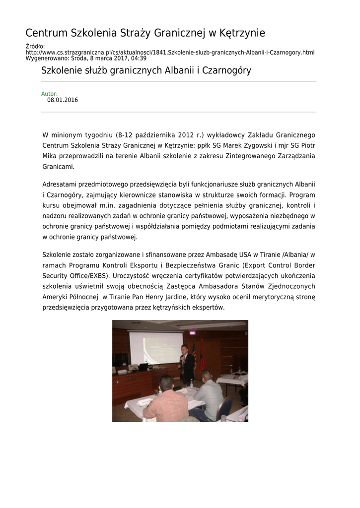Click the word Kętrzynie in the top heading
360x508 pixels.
[x=242, y=33]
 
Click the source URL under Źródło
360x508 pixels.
[x=170, y=52]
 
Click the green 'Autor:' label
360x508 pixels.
[x=49, y=94]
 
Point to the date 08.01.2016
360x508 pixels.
[x=63, y=100]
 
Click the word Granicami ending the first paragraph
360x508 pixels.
[x=58, y=167]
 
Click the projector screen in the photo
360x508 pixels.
[x=156, y=348]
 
